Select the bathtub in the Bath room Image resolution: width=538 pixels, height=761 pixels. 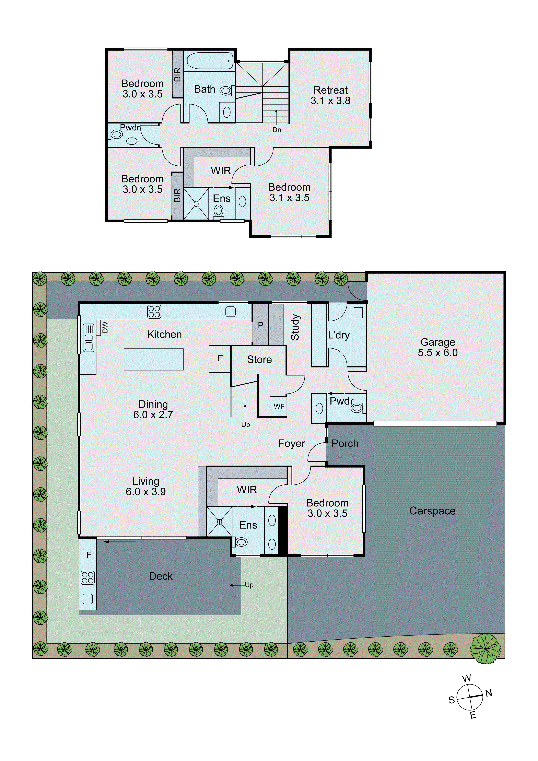[210, 61]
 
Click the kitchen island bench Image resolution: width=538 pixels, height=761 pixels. [153, 359]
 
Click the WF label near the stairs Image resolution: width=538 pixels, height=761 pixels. [279, 406]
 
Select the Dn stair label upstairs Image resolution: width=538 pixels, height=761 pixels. [277, 130]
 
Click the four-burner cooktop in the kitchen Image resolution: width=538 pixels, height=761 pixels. [154, 312]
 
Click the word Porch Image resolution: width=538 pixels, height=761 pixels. [345, 443]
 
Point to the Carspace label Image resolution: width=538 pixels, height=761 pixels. [432, 511]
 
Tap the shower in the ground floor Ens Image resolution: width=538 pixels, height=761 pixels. [219, 522]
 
